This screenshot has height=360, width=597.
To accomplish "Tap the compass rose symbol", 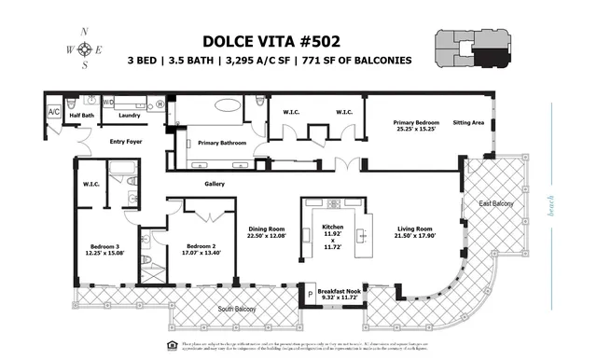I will tap(85, 48).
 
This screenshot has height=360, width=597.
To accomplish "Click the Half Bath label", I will tap(81, 116).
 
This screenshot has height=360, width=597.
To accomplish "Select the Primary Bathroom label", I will tap(220, 143).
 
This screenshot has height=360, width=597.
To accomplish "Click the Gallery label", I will tap(215, 184).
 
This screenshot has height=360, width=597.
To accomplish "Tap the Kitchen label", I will tap(332, 228).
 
